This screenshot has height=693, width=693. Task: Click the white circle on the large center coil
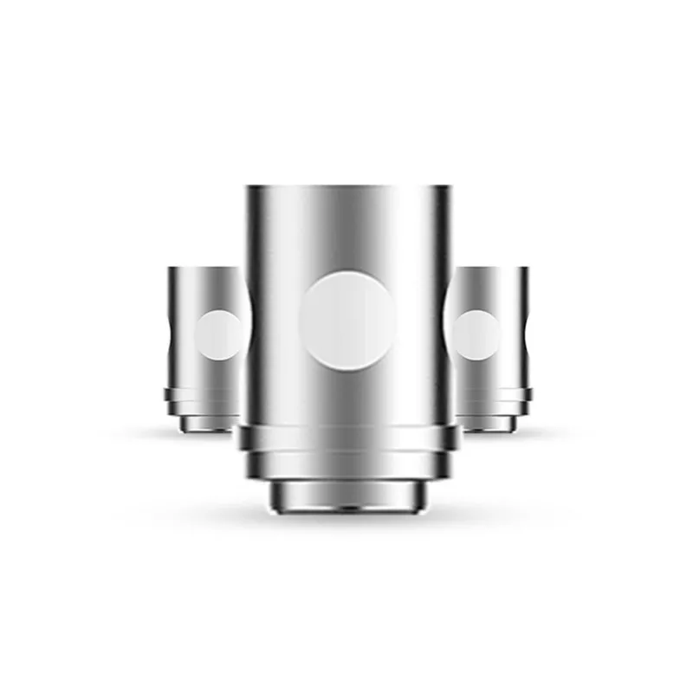tap(346, 319)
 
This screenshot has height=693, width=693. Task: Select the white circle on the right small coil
tap(476, 334)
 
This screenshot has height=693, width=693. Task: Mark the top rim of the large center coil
tap(346, 188)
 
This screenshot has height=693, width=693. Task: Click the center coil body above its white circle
tap(346, 230)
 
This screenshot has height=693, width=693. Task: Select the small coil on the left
tap(204, 346)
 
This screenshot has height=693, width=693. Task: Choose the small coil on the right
tap(492, 346)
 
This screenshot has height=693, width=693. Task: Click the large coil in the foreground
tap(346, 346)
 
